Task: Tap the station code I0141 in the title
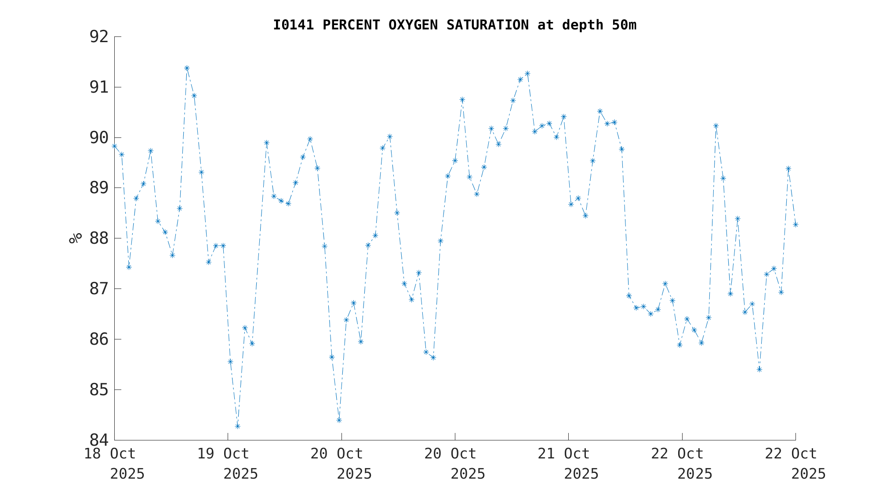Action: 294,25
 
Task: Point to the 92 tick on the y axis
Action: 99,37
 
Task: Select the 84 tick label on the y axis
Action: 99,440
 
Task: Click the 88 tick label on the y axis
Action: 99,238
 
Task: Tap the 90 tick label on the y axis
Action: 99,137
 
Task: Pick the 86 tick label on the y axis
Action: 99,339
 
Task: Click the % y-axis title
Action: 76,238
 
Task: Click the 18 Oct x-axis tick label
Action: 110,454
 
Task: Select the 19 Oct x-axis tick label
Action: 223,454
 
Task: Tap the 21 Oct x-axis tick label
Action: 564,454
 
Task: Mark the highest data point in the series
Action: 187,68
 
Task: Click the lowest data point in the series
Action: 237,426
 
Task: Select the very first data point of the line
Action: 114,146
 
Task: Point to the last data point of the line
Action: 795,225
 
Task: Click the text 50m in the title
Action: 624,25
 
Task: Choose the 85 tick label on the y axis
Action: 99,389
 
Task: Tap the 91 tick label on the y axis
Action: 99,87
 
